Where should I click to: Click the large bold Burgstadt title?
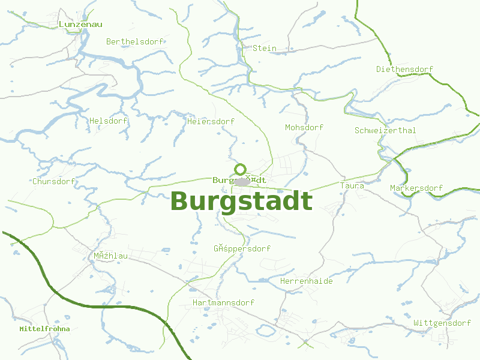coord(241,201)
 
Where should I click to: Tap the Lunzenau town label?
coord(80,25)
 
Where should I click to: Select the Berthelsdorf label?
coord(135,42)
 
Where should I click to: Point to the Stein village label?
coord(265,48)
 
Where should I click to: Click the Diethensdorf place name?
coord(404,70)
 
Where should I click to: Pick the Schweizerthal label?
coord(385,131)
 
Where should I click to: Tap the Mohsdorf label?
coord(304,128)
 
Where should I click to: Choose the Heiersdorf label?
coord(211,122)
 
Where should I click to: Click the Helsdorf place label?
coord(108,121)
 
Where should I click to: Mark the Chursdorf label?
coord(53,181)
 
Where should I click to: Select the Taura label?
coord(352,186)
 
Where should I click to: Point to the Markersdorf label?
coord(416,188)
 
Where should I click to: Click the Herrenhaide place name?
coord(306,281)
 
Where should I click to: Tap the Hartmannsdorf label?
coord(223,303)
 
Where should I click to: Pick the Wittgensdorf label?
coord(442,323)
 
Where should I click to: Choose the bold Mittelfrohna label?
coord(44,329)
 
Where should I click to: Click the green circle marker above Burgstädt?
coord(241,169)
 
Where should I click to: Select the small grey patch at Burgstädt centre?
coord(242,181)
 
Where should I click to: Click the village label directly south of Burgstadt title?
coord(242,249)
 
